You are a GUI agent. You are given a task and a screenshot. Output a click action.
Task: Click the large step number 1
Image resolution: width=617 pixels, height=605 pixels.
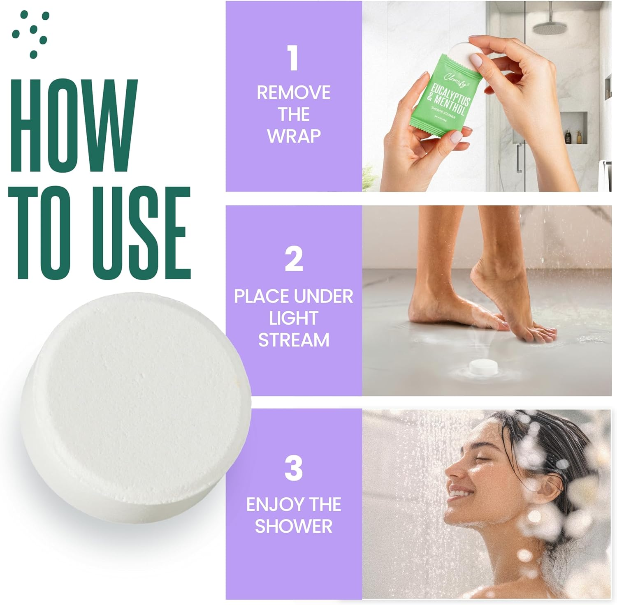click(293, 58)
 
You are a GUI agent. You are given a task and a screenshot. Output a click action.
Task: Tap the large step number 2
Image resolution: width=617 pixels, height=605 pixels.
click(294, 259)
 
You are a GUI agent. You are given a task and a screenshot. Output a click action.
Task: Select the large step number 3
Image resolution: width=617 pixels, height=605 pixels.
click(294, 468)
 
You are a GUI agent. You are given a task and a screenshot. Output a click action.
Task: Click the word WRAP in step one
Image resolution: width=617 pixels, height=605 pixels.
click(294, 136)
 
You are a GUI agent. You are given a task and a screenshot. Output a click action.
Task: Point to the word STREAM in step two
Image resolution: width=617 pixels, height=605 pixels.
click(294, 340)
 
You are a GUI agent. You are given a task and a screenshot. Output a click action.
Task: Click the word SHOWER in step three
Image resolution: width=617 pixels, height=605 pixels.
click(294, 526)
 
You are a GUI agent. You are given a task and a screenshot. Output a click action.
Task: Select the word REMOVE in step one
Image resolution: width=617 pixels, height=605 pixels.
click(294, 92)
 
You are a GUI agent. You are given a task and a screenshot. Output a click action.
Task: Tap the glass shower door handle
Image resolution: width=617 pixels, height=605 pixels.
click(519, 158)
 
